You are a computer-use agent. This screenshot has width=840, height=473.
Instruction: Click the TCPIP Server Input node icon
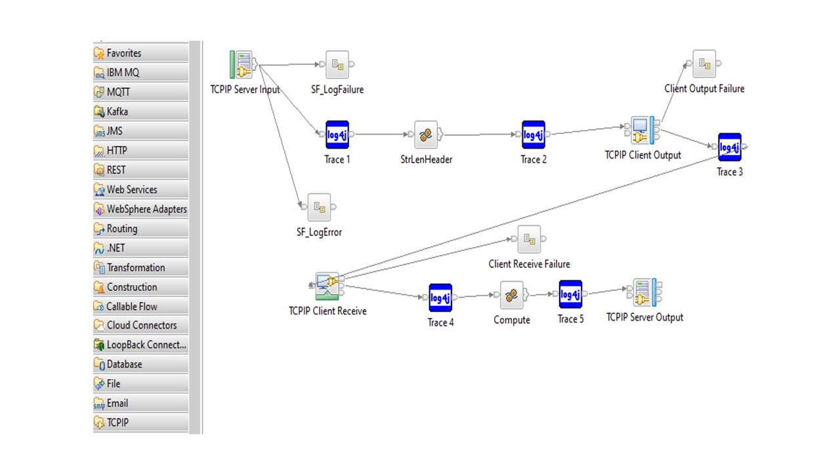(243, 64)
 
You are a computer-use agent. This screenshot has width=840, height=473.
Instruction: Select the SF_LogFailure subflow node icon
(337, 64)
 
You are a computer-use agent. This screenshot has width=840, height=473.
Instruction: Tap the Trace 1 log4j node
(337, 135)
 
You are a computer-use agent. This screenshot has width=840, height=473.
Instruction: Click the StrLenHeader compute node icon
(426, 135)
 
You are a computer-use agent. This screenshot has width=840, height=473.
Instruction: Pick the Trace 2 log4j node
(534, 135)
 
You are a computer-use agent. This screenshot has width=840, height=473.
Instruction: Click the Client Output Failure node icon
(704, 64)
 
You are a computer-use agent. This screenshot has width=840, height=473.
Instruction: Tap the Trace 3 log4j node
(729, 146)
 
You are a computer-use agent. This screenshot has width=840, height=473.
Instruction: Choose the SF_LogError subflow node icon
(319, 207)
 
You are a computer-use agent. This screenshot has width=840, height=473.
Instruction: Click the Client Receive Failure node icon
(529, 239)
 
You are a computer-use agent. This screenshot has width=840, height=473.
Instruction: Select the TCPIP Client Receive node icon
(327, 286)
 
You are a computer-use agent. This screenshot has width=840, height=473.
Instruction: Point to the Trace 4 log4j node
(440, 298)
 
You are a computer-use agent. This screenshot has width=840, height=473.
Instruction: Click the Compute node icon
(512, 295)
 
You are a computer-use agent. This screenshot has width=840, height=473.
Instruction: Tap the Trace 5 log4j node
(570, 294)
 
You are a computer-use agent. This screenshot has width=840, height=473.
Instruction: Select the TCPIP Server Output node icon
(645, 292)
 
